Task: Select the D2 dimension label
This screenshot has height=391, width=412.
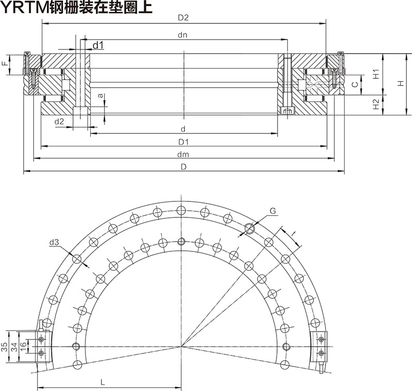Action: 183,18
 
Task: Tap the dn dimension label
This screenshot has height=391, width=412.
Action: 182,36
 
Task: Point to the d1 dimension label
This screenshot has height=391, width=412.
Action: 98,45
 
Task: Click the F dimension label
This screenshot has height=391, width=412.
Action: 5,64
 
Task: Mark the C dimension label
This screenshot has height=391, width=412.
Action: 355,84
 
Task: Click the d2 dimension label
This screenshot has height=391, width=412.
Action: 59,122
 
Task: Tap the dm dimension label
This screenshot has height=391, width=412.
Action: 182,154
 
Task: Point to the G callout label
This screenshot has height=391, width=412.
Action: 272,210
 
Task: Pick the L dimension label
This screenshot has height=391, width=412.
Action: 103,382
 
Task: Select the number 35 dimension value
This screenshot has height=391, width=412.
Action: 5,346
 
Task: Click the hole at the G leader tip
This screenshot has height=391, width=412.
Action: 250,228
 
